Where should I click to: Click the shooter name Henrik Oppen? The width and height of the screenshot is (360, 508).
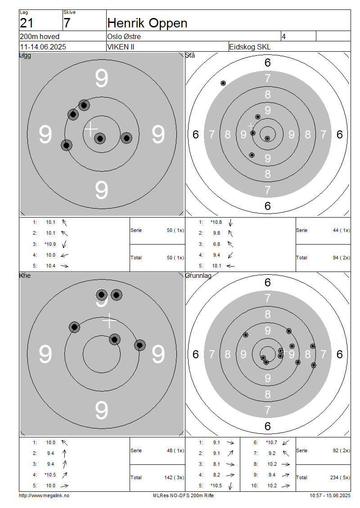tap(147, 23)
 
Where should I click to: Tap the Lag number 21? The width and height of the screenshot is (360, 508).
tap(27, 23)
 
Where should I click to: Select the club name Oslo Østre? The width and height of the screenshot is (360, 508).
tap(124, 36)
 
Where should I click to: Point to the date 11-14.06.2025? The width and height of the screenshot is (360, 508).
tap(43, 47)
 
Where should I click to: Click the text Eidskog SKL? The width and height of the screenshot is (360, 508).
tap(250, 47)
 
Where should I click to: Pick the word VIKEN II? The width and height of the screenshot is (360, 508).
tap(121, 47)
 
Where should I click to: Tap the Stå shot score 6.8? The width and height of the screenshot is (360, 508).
tap(216, 244)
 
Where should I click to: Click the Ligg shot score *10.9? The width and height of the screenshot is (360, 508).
tap(50, 244)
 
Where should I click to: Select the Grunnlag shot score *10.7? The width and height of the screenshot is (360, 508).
tap(271, 442)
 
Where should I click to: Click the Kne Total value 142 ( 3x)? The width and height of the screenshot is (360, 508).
tap(174, 477)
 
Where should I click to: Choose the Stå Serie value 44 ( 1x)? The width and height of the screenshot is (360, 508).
tap(342, 230)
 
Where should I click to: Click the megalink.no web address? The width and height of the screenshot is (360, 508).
tap(44, 495)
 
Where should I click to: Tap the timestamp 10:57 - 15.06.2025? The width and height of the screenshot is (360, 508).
tap(330, 495)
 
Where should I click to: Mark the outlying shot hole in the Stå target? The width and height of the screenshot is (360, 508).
tap(223, 83)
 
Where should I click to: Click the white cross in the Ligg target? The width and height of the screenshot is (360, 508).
tap(91, 129)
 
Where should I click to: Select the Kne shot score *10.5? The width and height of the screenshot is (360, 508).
tap(50, 475)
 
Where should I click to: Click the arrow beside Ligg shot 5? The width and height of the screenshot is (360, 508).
tap(64, 266)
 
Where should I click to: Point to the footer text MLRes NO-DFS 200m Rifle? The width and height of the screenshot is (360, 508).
tap(183, 495)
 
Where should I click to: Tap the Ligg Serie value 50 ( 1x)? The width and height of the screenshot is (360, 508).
tap(175, 230)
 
